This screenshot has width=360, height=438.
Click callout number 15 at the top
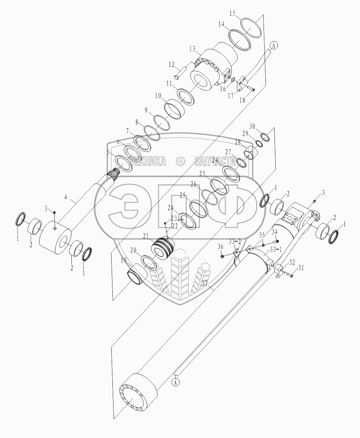[232, 13]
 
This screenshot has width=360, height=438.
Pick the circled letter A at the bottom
[175, 383]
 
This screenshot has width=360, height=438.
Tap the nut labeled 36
[221, 255]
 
